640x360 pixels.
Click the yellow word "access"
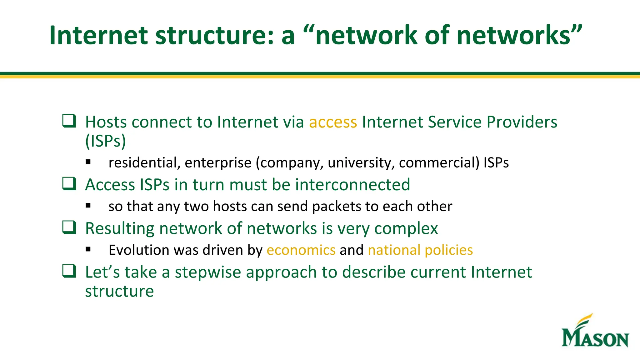pyautogui.click(x=333, y=122)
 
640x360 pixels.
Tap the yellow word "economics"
pyautogui.click(x=301, y=250)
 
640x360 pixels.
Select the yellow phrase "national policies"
pyautogui.click(x=420, y=250)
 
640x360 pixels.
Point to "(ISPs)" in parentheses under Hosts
pyautogui.click(x=106, y=141)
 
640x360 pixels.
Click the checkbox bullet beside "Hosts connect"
pyautogui.click(x=69, y=121)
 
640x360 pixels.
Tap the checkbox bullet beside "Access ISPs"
pyautogui.click(x=69, y=183)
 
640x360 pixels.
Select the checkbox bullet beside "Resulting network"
pyautogui.click(x=69, y=227)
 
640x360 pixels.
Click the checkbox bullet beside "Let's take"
pyautogui.click(x=69, y=271)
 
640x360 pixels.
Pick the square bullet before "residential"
pyautogui.click(x=88, y=162)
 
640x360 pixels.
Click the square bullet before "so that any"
pyautogui.click(x=88, y=206)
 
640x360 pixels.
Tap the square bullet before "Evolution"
pyautogui.click(x=88, y=249)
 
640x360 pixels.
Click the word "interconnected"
pyautogui.click(x=352, y=185)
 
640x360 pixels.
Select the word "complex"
pyautogui.click(x=406, y=229)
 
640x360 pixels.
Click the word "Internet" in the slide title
pyautogui.click(x=98, y=35)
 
